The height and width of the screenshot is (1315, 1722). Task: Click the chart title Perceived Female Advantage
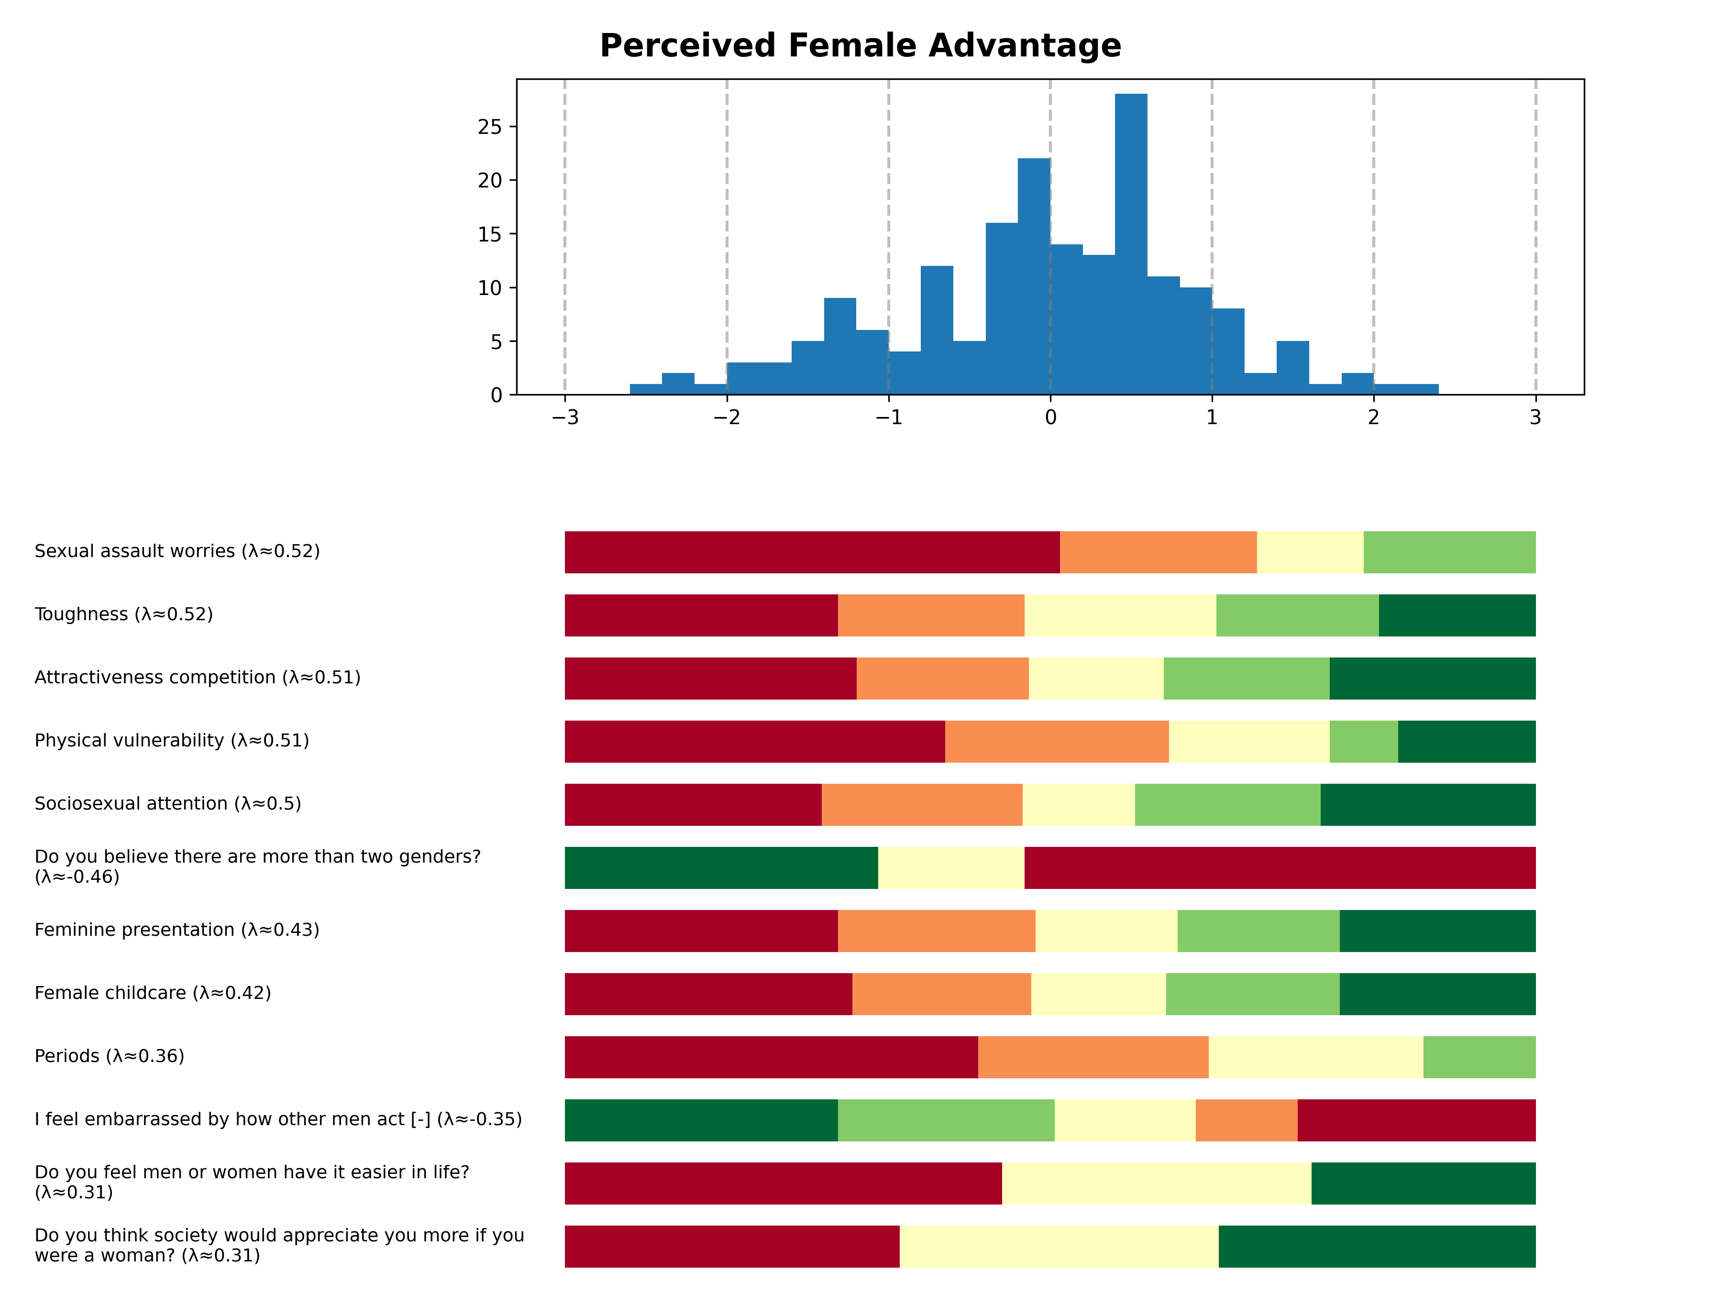pyautogui.click(x=860, y=45)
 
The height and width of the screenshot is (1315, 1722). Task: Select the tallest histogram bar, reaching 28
pyautogui.click(x=1131, y=244)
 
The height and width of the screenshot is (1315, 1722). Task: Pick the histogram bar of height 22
pyautogui.click(x=1034, y=276)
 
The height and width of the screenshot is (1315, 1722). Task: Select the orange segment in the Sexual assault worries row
pyautogui.click(x=1158, y=552)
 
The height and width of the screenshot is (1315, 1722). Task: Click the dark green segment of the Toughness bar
pyautogui.click(x=1457, y=615)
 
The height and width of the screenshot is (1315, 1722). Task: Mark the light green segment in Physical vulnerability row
pyautogui.click(x=1363, y=741)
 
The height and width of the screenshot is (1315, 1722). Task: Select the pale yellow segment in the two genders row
pyautogui.click(x=950, y=867)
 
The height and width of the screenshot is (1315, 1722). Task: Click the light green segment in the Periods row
pyautogui.click(x=1479, y=1057)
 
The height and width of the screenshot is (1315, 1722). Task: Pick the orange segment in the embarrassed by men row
pyautogui.click(x=1246, y=1120)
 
